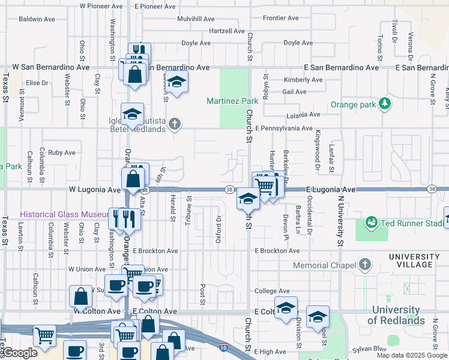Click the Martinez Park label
click(232, 101)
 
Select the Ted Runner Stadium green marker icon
click(371, 223)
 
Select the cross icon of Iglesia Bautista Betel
click(175, 125)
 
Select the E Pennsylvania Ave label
click(283, 128)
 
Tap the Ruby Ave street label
click(62, 152)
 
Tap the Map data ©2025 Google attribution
click(411, 355)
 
